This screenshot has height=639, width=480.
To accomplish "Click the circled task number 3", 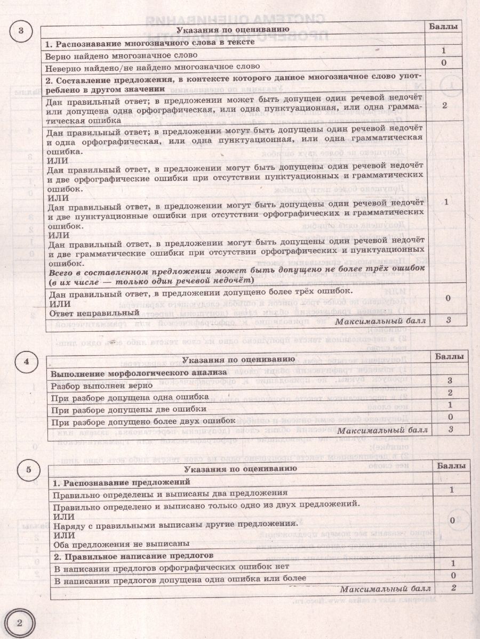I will (x=21, y=30).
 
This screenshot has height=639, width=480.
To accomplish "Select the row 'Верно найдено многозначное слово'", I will (x=121, y=55).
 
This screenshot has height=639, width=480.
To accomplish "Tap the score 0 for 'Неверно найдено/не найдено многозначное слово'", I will (x=444, y=63).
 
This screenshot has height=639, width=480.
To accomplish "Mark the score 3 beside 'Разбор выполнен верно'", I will (x=450, y=381).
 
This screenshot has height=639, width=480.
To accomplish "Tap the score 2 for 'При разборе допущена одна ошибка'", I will (x=450, y=393).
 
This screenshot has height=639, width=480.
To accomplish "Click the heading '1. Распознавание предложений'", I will (x=122, y=482).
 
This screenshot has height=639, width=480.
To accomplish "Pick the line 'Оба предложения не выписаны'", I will (x=122, y=544).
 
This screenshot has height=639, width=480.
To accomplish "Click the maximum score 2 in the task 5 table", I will (x=453, y=587).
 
